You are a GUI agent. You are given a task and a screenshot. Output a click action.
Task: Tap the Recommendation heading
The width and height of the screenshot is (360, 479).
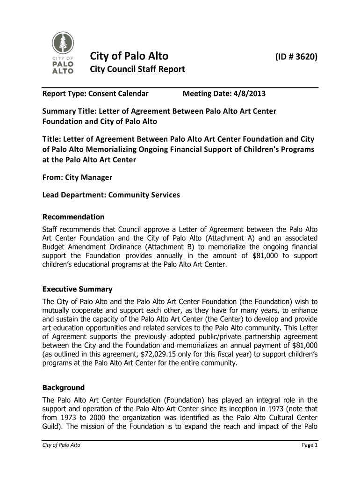tap(73, 217)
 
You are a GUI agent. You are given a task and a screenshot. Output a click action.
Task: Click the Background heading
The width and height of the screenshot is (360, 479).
tap(64, 387)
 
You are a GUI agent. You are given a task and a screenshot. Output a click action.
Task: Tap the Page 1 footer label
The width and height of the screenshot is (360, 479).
tap(310, 445)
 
